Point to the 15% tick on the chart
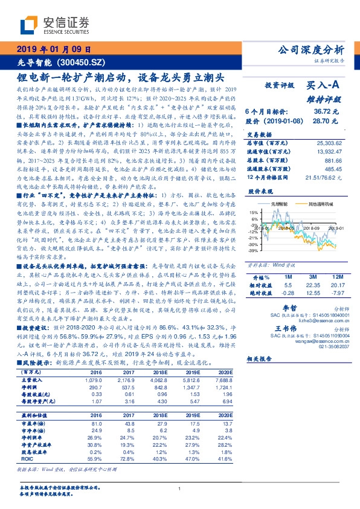coord(253,213)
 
